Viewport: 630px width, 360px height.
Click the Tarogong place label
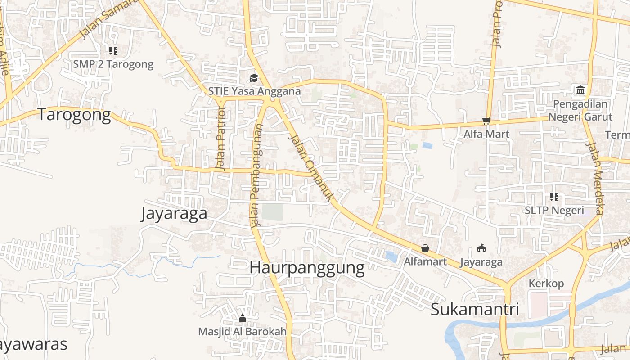[74, 115]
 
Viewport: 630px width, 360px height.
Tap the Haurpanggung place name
[307, 267]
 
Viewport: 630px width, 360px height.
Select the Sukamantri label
[475, 309]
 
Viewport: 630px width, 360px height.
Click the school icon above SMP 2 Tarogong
[113, 51]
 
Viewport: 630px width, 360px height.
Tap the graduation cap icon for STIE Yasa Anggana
[254, 78]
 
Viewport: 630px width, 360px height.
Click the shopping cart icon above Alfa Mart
[486, 121]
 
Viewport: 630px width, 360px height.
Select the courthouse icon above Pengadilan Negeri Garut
[580, 90]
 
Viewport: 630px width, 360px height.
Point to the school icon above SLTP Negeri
[554, 197]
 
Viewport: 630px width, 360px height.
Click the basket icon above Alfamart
[425, 248]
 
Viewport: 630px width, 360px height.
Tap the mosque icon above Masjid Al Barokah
[243, 319]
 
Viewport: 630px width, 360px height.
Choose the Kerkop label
[546, 283]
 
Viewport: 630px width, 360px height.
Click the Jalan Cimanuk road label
[311, 167]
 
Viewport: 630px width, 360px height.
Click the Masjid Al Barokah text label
[242, 332]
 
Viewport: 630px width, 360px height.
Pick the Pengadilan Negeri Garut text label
[580, 110]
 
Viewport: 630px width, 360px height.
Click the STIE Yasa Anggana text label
[254, 91]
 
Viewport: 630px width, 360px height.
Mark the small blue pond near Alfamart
[391, 257]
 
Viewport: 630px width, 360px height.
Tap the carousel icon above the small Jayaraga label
[481, 248]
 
